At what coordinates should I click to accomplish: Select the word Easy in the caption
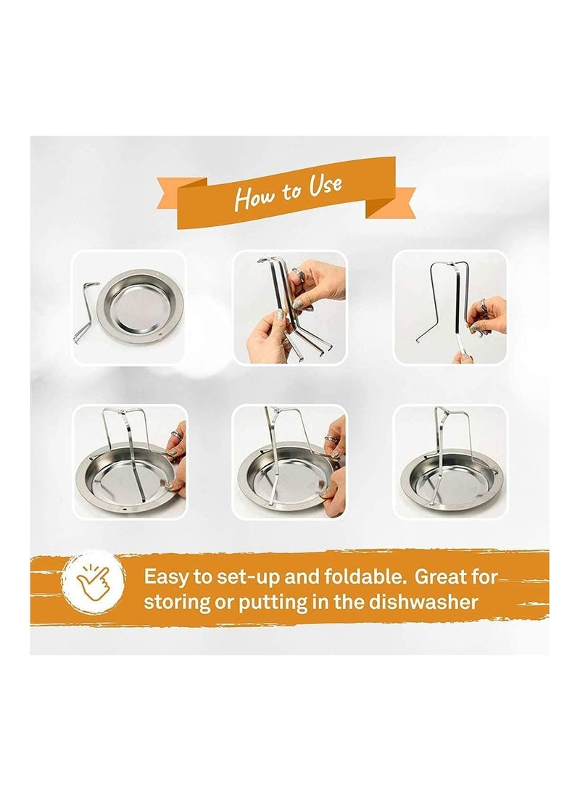tap(165, 577)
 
